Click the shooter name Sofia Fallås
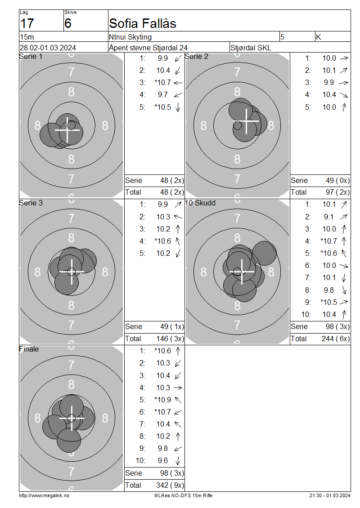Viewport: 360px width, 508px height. coord(142,23)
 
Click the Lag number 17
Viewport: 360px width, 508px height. coord(27,24)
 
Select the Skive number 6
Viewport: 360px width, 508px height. coord(68,24)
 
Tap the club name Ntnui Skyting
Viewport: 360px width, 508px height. coord(130,37)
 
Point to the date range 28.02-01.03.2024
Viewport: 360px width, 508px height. coord(48,48)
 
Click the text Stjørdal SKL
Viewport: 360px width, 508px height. coord(251,48)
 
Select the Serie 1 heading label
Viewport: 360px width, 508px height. coord(31,56)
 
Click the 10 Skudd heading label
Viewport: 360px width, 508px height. coord(200,203)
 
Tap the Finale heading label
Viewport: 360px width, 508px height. coord(29,349)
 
